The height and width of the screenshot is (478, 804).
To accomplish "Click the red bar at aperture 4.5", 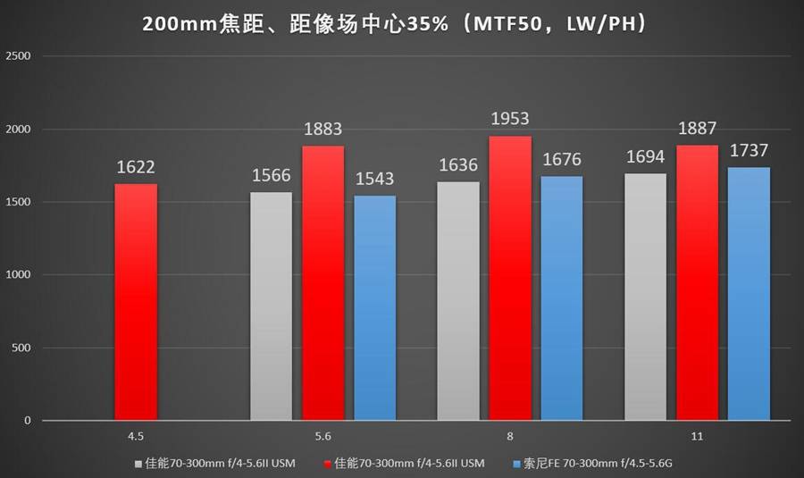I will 136,302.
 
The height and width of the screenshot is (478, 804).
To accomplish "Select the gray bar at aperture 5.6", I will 271,306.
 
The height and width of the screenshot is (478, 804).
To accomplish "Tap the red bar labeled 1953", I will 510,278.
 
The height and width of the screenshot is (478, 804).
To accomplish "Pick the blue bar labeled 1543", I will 375,308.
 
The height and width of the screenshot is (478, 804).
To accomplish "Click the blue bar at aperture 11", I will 749,294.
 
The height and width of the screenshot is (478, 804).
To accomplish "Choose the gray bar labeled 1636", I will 458,301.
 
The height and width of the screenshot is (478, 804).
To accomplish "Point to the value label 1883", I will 322,129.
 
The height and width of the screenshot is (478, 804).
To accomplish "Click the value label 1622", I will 136,167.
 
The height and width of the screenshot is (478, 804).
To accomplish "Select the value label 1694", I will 645,156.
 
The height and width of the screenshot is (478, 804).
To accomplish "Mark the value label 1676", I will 562,159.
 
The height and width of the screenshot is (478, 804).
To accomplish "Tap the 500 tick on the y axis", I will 21,348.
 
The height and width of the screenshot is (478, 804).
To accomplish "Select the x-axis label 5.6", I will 322,437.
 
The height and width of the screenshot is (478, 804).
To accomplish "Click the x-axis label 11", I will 697,437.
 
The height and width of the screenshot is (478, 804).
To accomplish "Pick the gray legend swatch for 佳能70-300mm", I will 138,463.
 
